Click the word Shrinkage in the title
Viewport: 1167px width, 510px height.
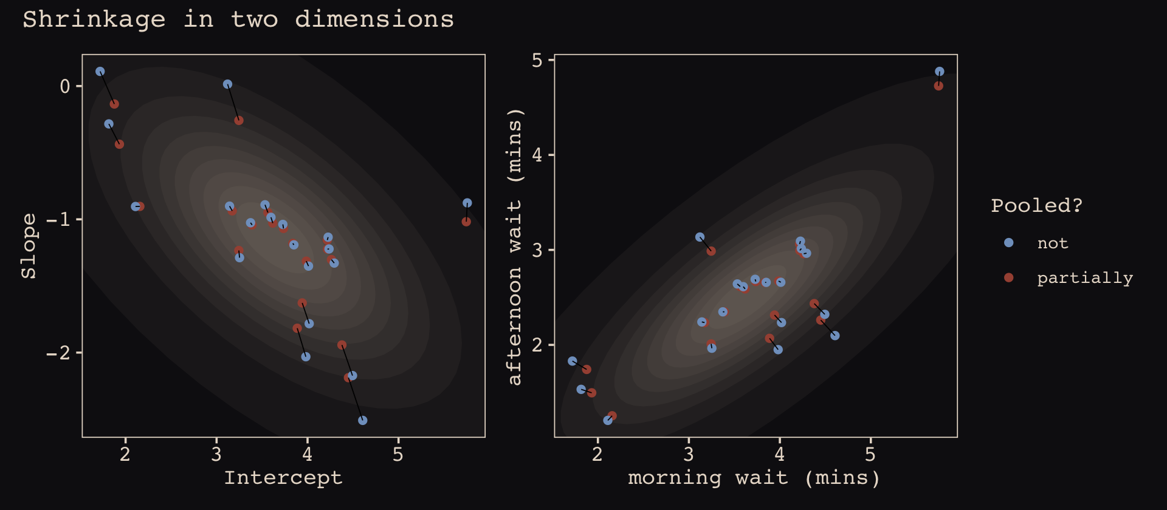coord(94,19)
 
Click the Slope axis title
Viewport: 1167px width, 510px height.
coord(29,246)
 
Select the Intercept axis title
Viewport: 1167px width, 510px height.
coord(283,478)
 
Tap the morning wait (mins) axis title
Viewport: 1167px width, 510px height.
coord(754,478)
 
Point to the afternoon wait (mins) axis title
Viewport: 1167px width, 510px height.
coord(515,246)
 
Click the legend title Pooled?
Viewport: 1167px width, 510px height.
coord(1036,205)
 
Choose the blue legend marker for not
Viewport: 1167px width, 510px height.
coord(1009,243)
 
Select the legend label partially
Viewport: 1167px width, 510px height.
coord(1085,278)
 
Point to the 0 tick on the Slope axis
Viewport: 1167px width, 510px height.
coord(65,86)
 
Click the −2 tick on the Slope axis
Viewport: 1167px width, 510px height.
coord(59,353)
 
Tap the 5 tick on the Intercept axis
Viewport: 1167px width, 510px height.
coord(398,454)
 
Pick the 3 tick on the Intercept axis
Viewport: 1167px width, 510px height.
coord(216,454)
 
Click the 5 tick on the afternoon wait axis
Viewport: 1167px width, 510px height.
coord(537,60)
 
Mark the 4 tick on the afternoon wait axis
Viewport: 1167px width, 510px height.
coord(537,155)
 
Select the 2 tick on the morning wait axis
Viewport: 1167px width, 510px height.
coord(597,454)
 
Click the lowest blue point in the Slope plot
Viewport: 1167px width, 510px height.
coord(363,420)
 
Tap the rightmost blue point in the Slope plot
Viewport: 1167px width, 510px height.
coord(467,203)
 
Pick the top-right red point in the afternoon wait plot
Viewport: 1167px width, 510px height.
coord(938,86)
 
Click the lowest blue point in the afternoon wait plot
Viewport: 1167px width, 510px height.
coord(608,420)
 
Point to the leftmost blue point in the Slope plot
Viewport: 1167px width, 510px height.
coord(100,72)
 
